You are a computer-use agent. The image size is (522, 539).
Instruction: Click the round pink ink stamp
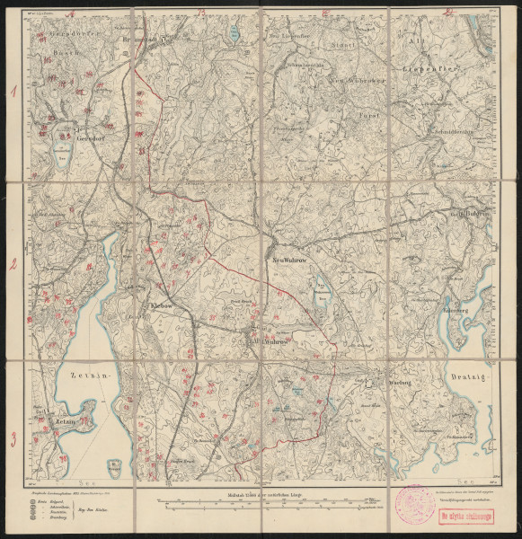(415, 505)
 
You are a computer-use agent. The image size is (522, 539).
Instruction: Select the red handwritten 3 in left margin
(13, 439)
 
